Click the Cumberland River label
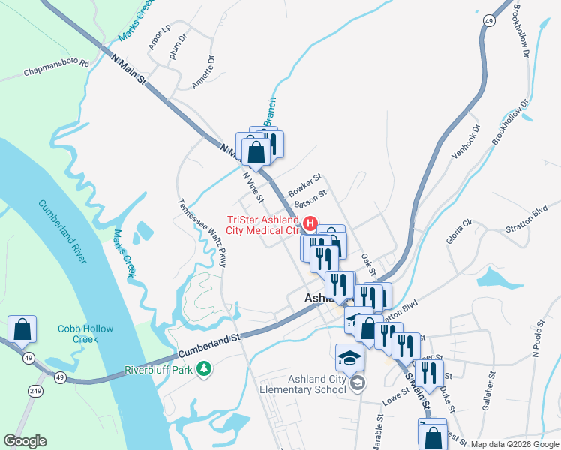(x=61, y=232)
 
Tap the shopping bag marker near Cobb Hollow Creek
(x=22, y=328)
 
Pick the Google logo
(x=25, y=441)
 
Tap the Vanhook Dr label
(x=464, y=142)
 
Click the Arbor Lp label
(x=160, y=38)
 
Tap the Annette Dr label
(x=203, y=72)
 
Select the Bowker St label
(x=304, y=183)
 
